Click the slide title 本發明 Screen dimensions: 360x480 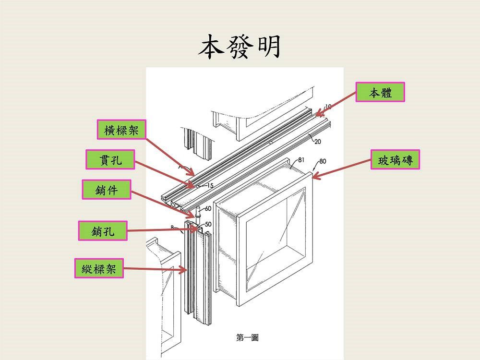tap(240, 47)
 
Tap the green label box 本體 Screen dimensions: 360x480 tap(380, 92)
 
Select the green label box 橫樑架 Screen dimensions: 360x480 tap(121, 129)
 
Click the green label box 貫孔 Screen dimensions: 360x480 tap(110, 159)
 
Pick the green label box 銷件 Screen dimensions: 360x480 tap(106, 190)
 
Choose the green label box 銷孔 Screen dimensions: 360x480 tap(103, 231)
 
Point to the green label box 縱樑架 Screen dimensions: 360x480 tap(98, 268)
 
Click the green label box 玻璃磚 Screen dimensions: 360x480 tap(396, 160)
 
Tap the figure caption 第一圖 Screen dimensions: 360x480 tap(247, 338)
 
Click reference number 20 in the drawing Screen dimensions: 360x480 tap(318, 142)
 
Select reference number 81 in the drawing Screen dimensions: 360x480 tap(301, 160)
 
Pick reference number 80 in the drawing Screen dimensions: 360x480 tap(322, 161)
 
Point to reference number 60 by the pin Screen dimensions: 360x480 tap(208, 209)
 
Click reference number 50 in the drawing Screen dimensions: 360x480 tap(208, 224)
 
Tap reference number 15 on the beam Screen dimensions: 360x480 tap(210, 185)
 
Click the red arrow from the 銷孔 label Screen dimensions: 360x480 tap(163, 230)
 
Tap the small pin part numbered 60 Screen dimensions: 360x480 tap(197, 213)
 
